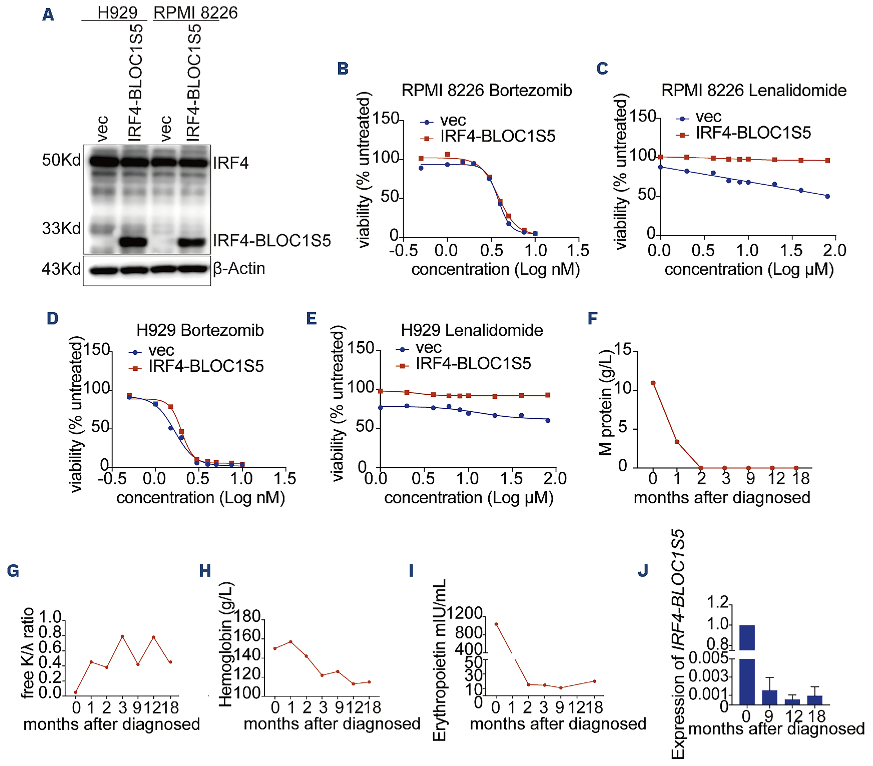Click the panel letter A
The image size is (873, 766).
48,15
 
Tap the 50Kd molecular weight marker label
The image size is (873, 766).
61,160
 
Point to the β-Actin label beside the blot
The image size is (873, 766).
239,268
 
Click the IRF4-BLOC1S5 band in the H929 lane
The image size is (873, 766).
133,242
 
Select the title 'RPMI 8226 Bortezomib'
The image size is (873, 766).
487,90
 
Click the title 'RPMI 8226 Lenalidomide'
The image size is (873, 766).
754,90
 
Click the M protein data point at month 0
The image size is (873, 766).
653,383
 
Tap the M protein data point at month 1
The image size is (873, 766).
677,442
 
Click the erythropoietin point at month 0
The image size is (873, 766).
496,624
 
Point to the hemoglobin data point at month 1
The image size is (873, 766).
291,642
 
